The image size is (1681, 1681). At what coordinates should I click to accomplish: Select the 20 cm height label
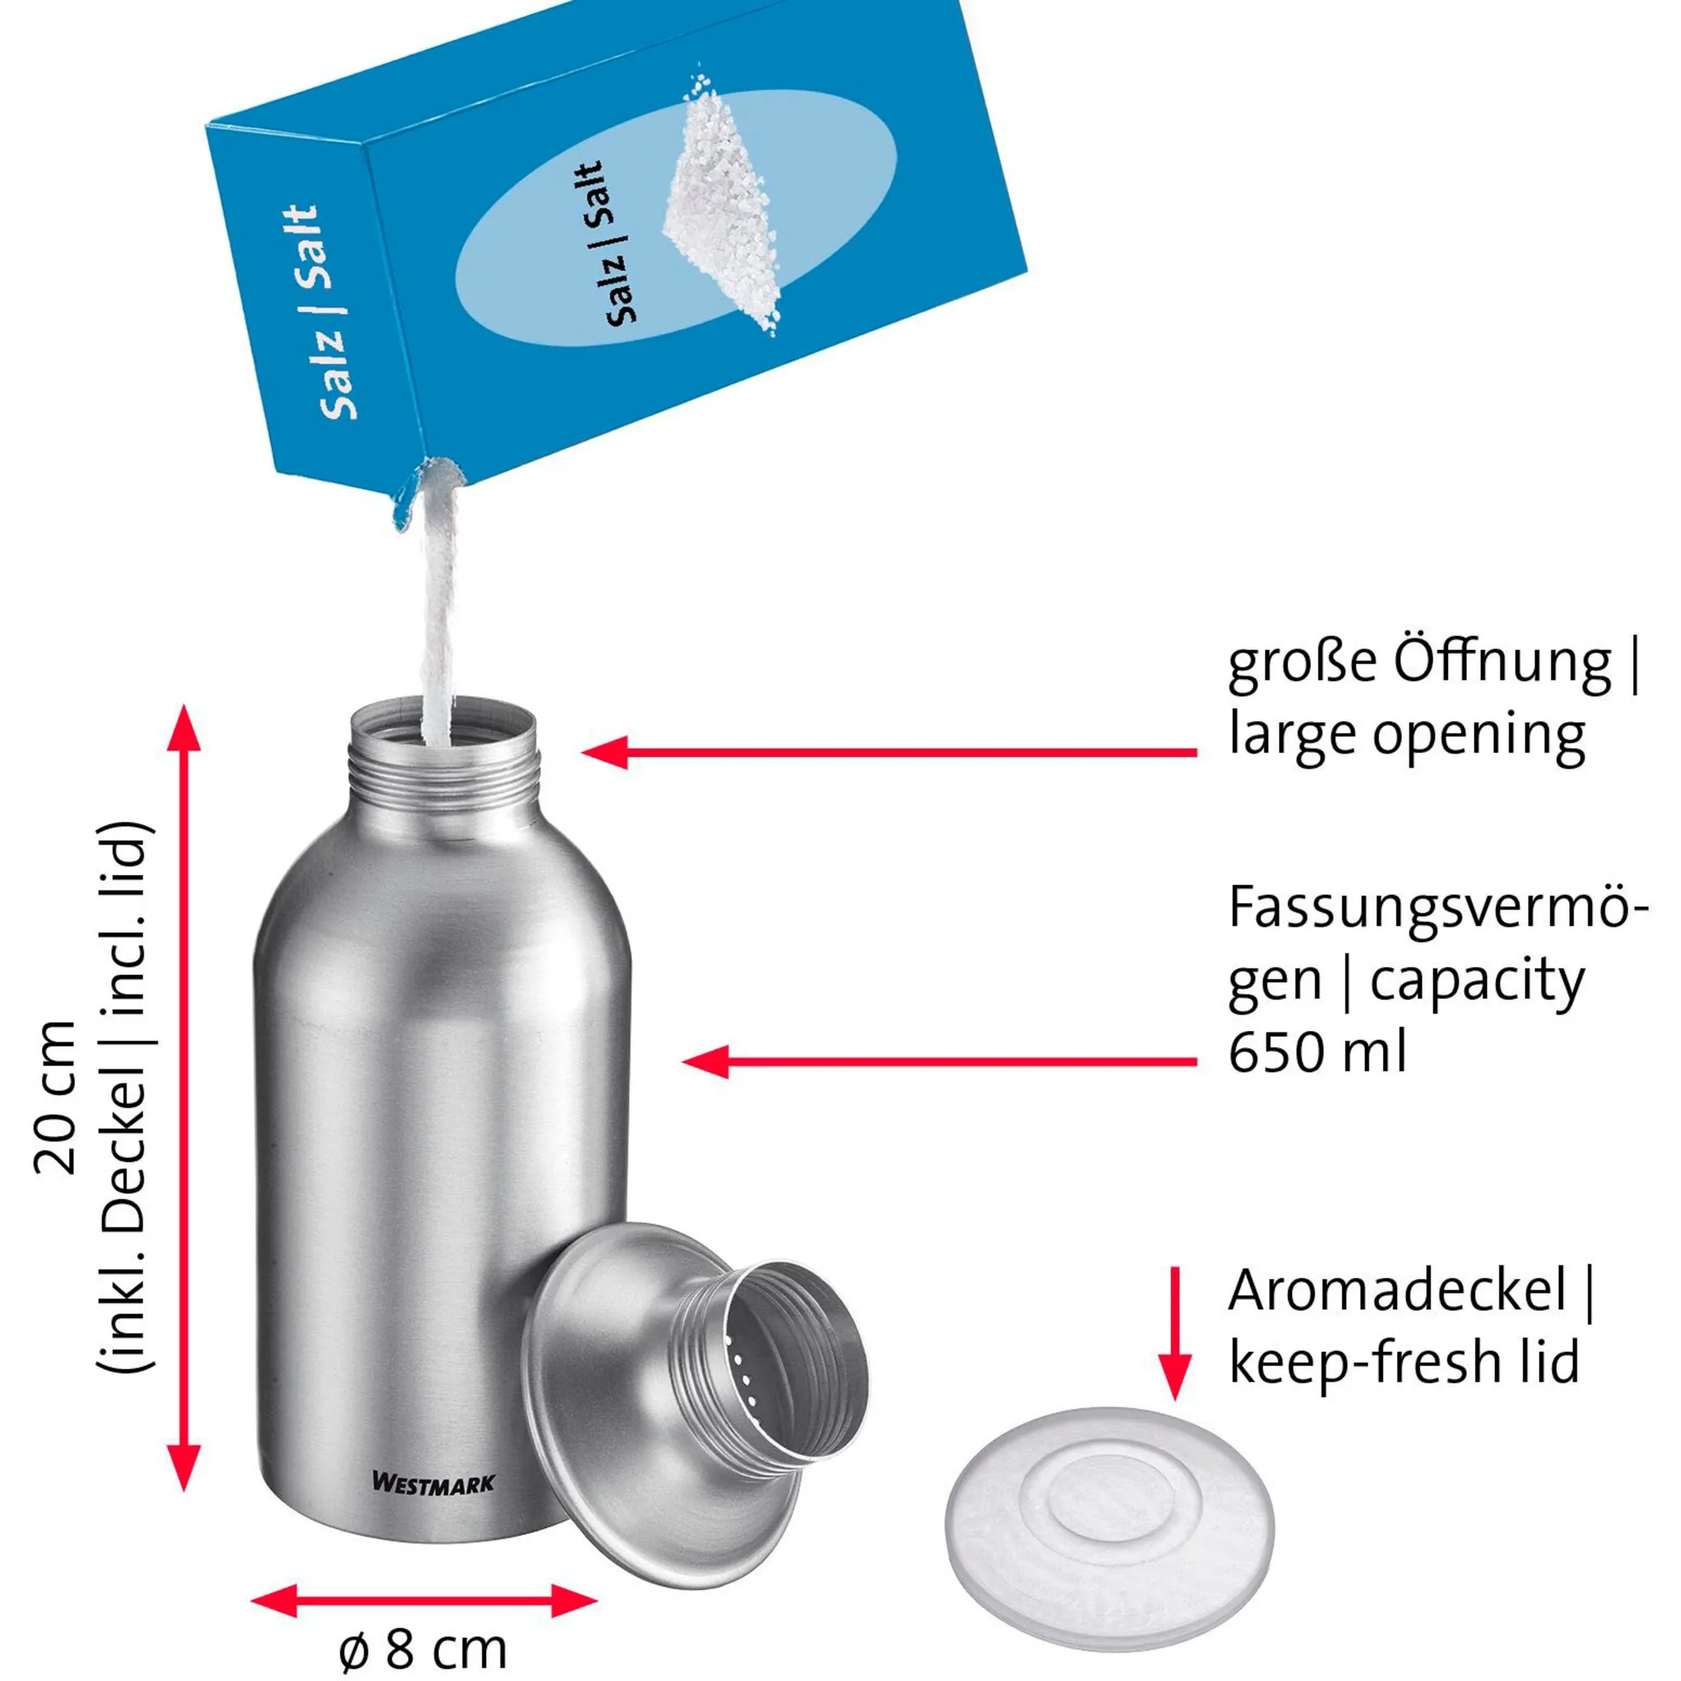(56, 1098)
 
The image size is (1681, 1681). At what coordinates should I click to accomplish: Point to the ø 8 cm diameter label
(423, 1647)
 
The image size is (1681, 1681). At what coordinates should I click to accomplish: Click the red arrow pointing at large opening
(887, 753)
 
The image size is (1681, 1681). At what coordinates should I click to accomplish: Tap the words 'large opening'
(1407, 736)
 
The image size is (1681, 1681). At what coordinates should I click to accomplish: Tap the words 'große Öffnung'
(1418, 664)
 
